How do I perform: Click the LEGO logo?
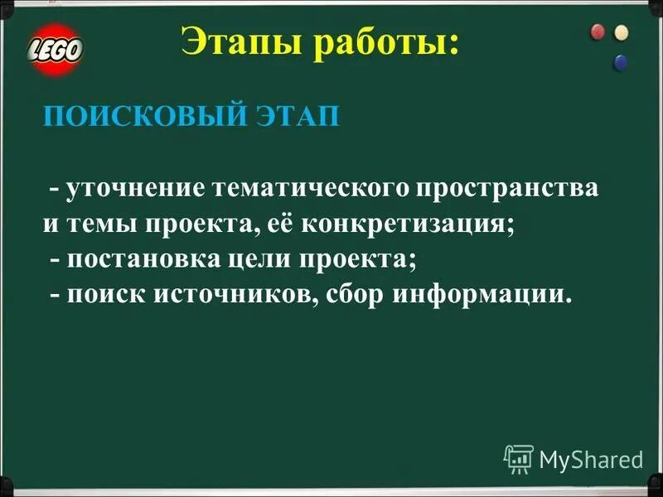[56, 49]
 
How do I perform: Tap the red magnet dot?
[598, 32]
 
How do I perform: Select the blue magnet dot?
[620, 61]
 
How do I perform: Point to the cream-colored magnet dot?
[621, 33]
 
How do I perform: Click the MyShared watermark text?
[591, 459]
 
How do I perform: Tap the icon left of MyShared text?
[518, 458]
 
